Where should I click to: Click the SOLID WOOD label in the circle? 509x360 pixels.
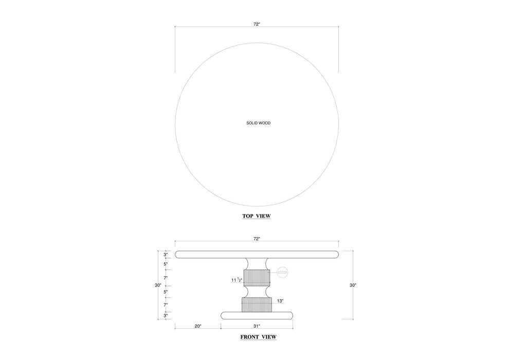pos(259,123)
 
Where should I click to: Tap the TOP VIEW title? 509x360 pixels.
pos(257,216)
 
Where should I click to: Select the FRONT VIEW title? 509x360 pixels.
pos(259,337)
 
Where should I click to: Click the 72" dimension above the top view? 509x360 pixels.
pos(257,24)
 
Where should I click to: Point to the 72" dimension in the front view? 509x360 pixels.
pos(257,239)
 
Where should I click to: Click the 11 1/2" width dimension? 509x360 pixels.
pos(237,280)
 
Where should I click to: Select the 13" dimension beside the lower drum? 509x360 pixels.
pos(280,301)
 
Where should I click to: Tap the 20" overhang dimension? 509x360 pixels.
pos(198,326)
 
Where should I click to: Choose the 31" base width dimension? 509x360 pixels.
pos(257,326)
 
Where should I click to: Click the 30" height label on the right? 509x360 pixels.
pos(353,285)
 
